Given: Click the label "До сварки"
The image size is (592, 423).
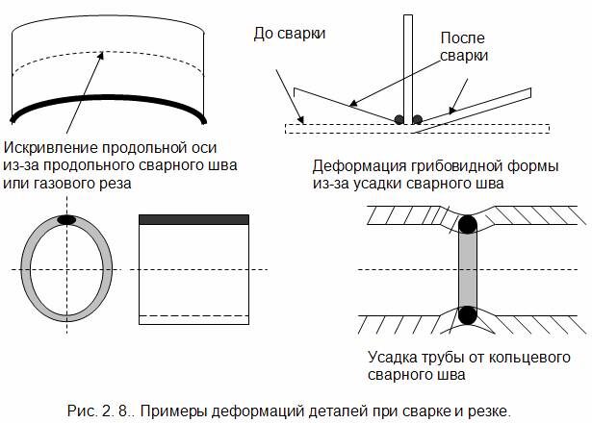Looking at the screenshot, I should point(290,34).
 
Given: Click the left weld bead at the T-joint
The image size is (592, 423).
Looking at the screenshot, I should point(399,119).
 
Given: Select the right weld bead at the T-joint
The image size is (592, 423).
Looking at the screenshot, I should point(418,119).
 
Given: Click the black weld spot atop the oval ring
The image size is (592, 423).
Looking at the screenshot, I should point(67,219).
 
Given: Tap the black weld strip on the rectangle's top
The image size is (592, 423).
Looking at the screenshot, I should point(195,220).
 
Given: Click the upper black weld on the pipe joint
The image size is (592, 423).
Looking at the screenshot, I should point(467,226).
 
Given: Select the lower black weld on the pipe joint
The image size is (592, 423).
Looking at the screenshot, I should point(467,313).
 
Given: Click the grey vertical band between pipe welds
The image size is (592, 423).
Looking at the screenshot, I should point(467,269).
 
